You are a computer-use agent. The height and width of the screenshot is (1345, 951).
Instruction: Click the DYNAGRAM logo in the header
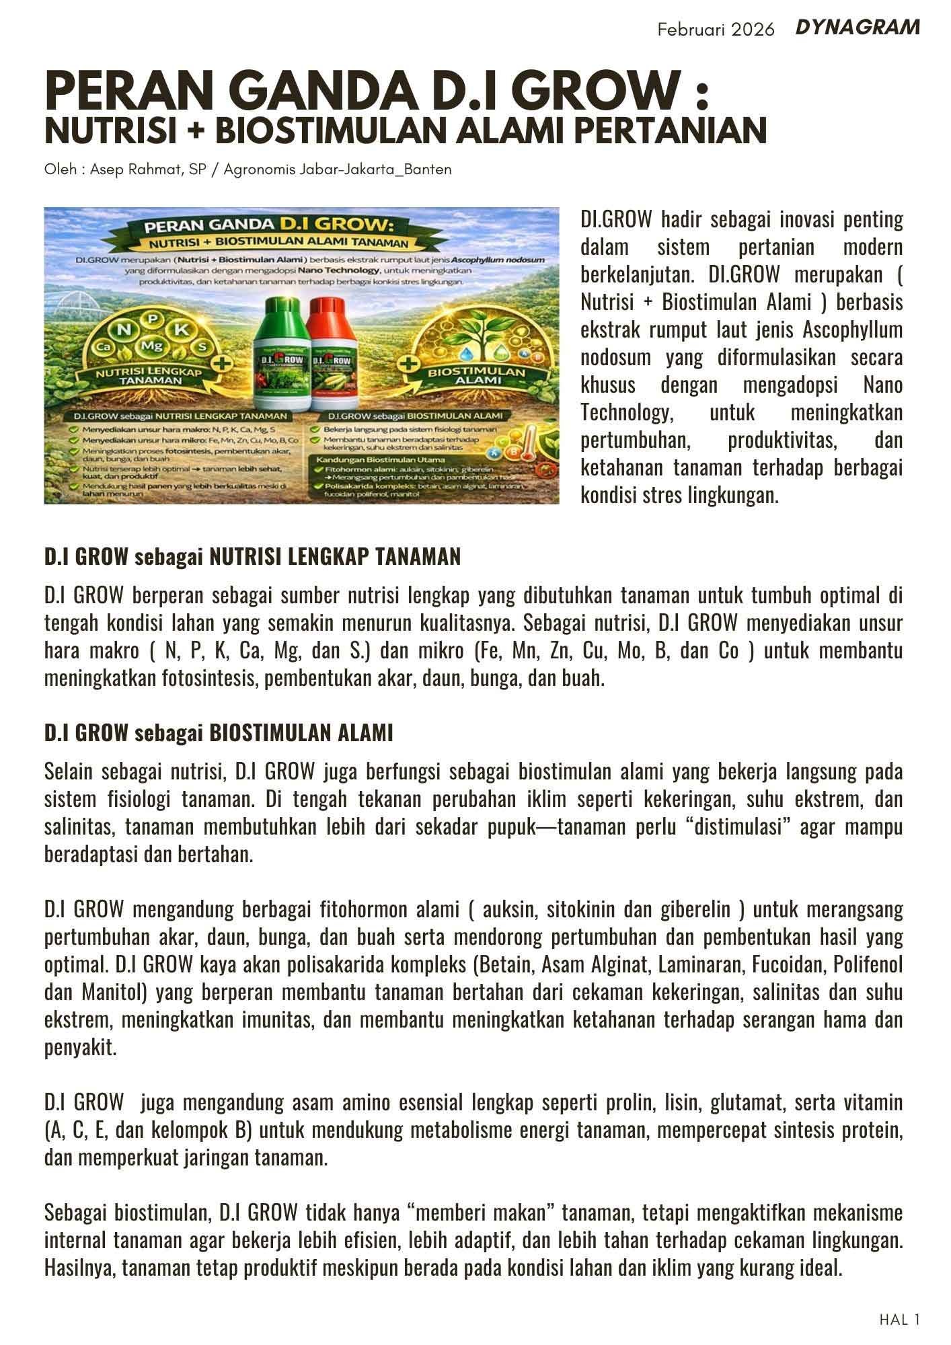click(x=857, y=28)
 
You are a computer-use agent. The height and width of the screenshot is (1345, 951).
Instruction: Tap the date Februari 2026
click(x=716, y=30)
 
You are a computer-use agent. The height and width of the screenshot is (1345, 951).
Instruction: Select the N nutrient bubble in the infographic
click(x=124, y=330)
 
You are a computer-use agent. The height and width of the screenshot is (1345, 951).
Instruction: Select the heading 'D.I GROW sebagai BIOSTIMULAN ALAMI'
click(x=219, y=733)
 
